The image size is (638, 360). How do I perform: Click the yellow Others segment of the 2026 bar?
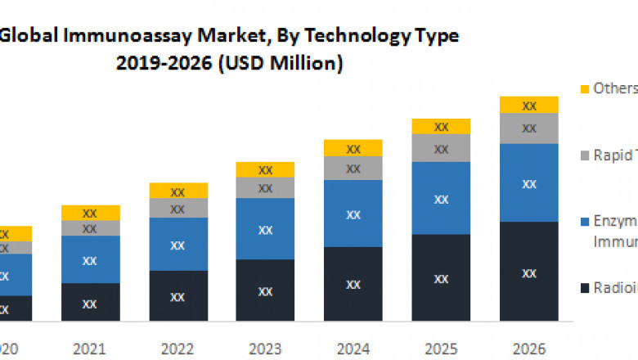[x=529, y=105]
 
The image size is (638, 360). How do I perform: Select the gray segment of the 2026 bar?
[x=529, y=128]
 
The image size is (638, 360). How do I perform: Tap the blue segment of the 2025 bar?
[x=441, y=198]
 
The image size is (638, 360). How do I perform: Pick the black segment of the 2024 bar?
[x=353, y=284]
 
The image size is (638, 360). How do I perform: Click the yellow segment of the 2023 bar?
[x=265, y=169]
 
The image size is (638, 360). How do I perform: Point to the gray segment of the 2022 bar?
[x=177, y=208]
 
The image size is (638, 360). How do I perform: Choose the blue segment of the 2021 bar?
[x=90, y=259]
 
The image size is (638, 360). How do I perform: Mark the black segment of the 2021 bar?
[x=90, y=302]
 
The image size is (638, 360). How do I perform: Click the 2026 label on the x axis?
[x=529, y=348]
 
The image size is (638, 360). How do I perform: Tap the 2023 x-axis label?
[x=265, y=348]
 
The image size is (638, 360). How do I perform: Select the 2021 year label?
[x=90, y=348]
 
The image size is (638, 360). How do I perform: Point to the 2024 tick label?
[x=353, y=348]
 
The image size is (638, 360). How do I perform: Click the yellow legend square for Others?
[x=584, y=88]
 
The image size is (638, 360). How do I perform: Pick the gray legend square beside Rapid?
[x=584, y=155]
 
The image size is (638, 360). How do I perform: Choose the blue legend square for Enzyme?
[x=584, y=222]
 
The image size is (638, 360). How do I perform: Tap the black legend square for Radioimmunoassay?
[x=584, y=289]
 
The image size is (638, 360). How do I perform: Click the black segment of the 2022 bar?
[x=177, y=295]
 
